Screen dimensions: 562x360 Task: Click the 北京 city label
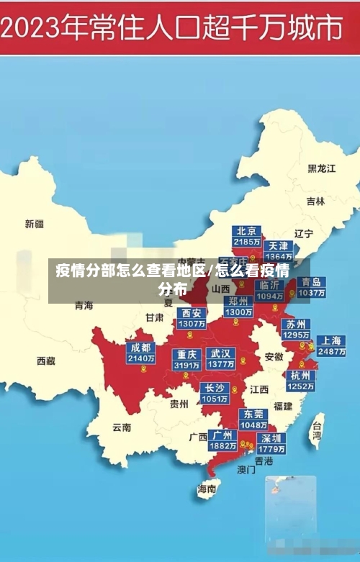pos(247,231)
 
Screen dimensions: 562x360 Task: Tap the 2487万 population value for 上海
pos(332,352)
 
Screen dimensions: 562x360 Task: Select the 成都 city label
pos(141,348)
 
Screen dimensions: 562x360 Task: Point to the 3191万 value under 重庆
pos(187,366)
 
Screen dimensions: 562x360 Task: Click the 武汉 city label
pos(221,353)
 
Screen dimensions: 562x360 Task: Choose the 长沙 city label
pos(215,388)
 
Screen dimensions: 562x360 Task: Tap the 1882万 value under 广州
pos(222,446)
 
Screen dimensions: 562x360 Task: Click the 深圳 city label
pos(271,438)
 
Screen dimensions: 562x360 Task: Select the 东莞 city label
pos(253,414)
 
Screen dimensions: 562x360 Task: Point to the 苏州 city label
pos(296,324)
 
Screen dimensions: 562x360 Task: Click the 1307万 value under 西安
pos(192,324)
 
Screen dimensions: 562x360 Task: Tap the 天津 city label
pos(279,245)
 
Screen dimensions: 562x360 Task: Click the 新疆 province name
pos(35,224)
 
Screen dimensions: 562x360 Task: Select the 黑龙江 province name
pos(321,168)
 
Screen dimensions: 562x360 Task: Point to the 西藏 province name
pos(46,361)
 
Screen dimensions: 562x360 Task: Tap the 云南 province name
pos(122,427)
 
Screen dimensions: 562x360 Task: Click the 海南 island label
pos(207,489)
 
